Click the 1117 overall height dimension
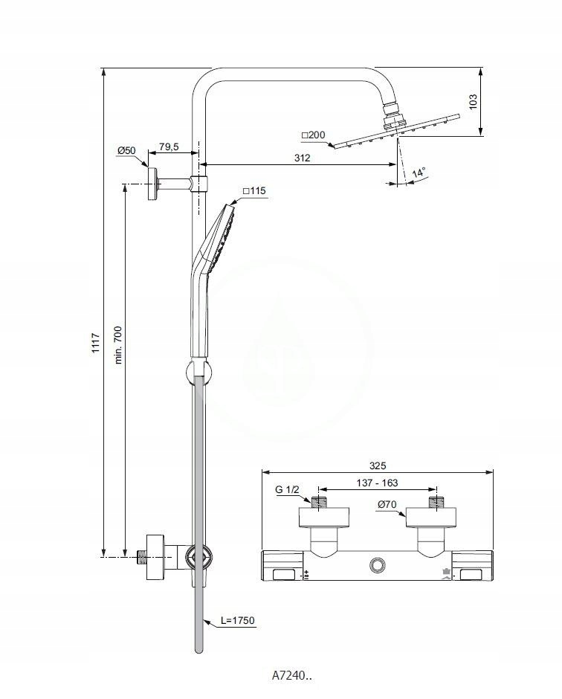(96, 344)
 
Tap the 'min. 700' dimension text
(118, 345)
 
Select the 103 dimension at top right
(473, 101)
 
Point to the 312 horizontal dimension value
(302, 158)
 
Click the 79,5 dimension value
(169, 146)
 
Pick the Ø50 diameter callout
(126, 151)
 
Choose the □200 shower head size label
(313, 135)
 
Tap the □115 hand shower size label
(254, 191)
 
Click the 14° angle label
(419, 173)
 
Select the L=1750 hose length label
(238, 620)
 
